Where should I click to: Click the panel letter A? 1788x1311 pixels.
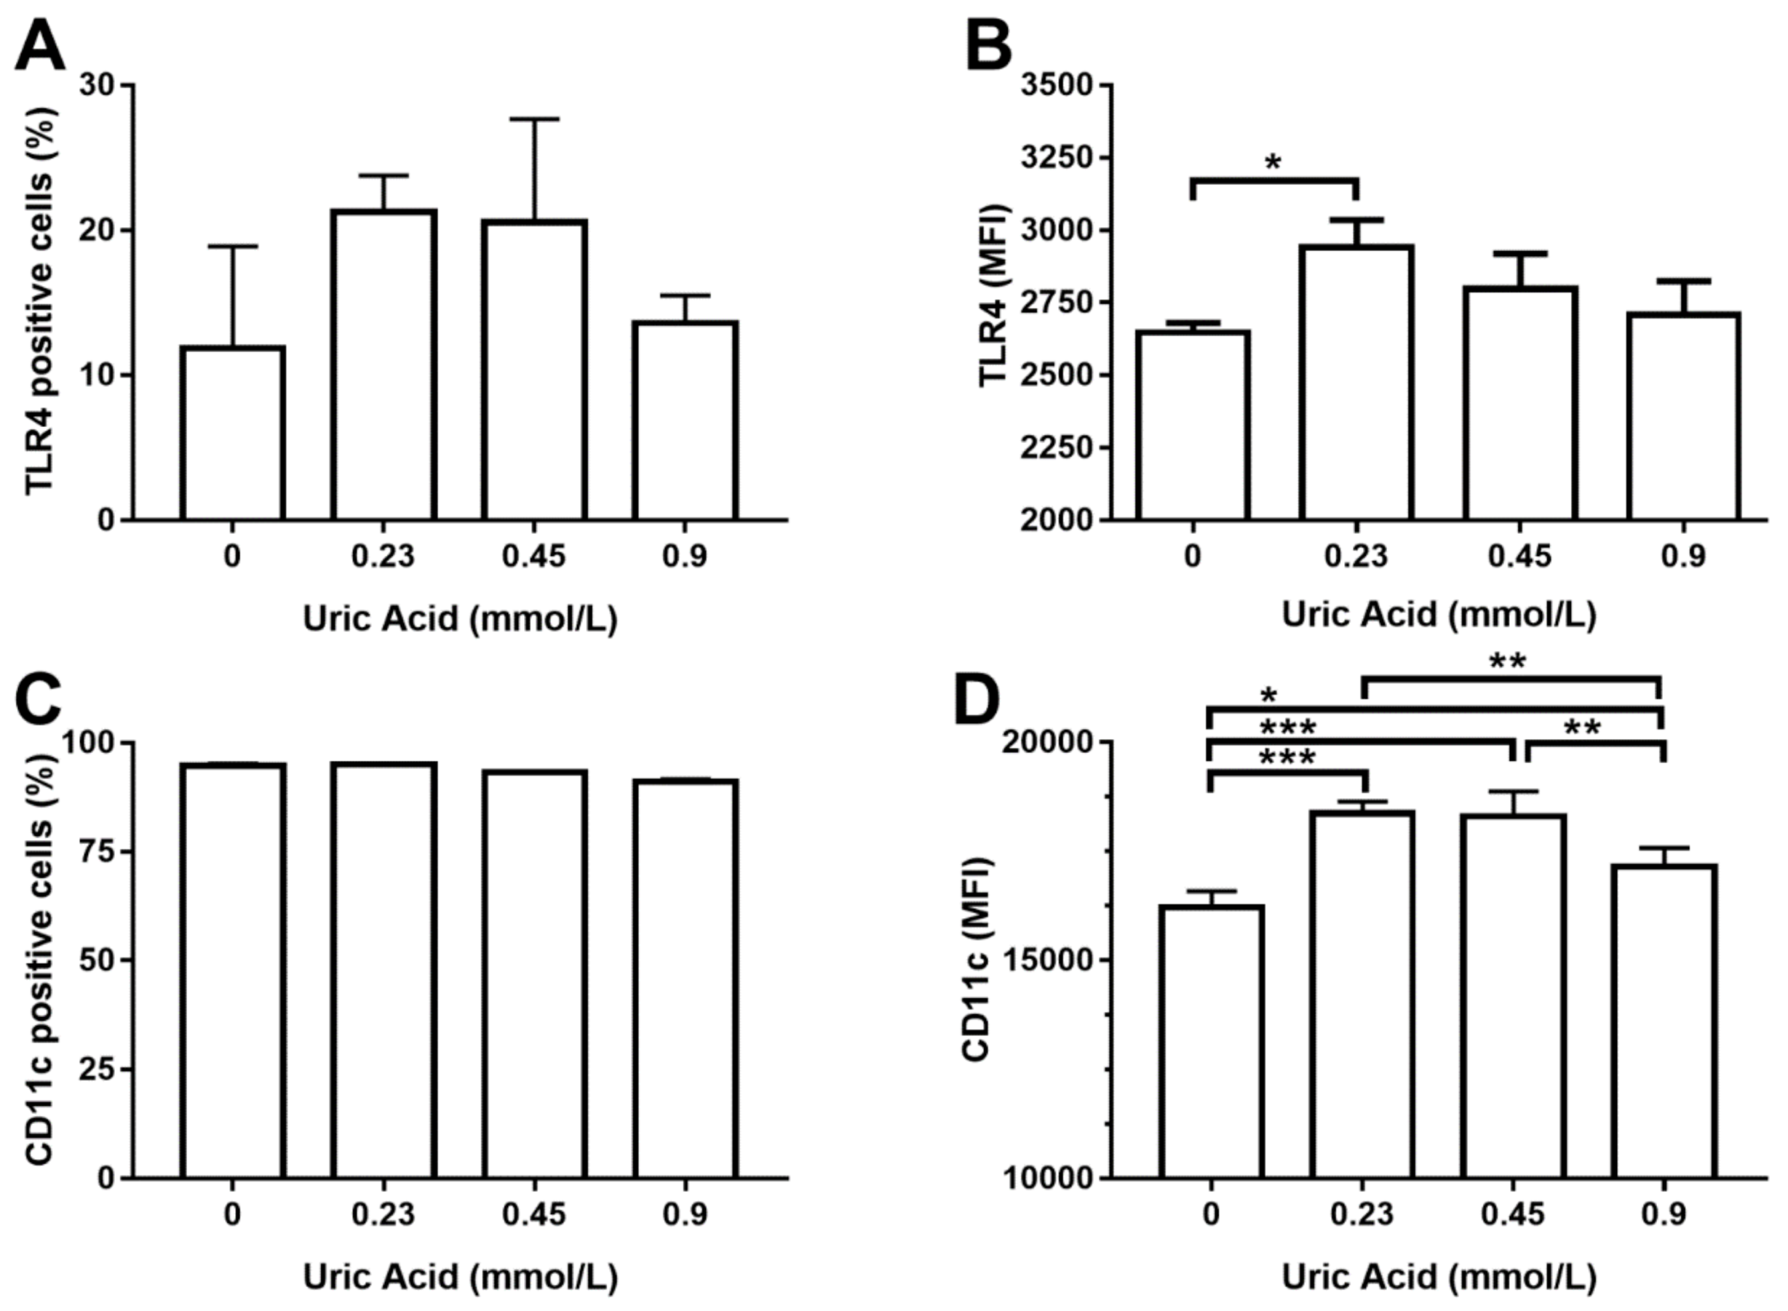39,45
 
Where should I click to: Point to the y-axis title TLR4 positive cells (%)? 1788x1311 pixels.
39,301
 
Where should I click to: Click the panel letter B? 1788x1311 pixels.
988,45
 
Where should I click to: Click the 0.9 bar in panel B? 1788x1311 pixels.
1683,417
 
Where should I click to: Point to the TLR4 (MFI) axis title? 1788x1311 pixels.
994,295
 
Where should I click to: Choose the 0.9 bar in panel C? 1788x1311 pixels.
685,978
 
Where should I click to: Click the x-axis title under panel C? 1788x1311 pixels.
461,1277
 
